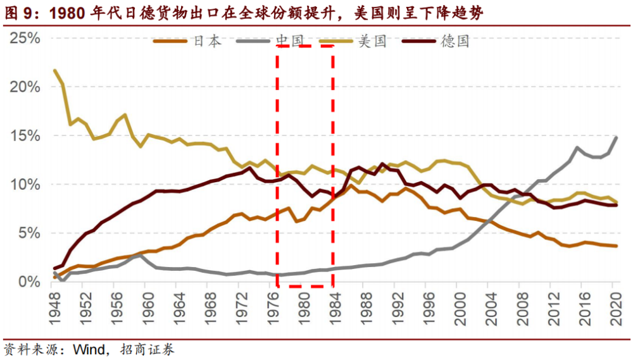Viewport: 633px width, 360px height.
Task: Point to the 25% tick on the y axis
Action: tap(25, 39)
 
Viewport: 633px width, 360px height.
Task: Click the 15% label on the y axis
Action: tap(25, 136)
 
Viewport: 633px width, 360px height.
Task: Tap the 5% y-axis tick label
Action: tap(29, 233)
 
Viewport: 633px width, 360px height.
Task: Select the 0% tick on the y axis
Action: tap(29, 282)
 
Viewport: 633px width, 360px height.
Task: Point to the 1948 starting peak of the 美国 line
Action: tap(55, 71)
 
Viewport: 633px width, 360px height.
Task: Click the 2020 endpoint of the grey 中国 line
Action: tap(616, 137)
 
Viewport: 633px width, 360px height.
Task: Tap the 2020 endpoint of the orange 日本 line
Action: tap(616, 246)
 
